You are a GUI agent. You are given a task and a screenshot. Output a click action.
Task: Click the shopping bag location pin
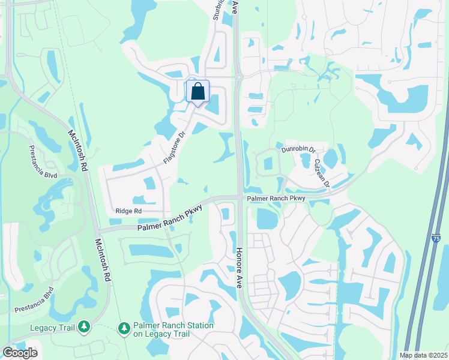coord(197,92)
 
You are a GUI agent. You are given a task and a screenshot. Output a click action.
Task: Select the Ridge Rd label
coord(128,211)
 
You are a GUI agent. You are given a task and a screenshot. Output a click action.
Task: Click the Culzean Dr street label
coord(322,173)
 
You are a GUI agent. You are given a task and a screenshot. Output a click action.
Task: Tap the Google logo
coord(20,352)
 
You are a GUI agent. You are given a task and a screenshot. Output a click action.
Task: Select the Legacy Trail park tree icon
coord(84,326)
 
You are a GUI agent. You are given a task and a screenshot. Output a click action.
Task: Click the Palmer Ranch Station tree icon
coord(124,328)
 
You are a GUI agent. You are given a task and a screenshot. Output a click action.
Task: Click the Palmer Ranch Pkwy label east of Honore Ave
coord(275,198)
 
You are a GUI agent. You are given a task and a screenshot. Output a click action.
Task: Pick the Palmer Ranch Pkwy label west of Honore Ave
coord(169,218)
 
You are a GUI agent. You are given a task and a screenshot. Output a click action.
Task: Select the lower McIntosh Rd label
coord(101,262)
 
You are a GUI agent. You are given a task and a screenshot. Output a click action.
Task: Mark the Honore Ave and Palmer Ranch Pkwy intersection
coord(239,197)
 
